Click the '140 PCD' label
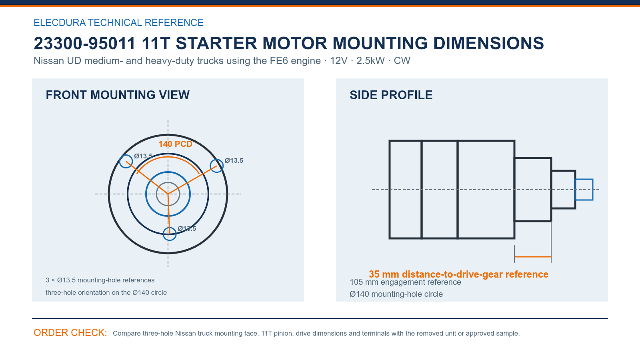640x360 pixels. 175,144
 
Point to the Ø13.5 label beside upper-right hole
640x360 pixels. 234,160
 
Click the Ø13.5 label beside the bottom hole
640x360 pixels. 187,228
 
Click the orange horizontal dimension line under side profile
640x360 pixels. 532,257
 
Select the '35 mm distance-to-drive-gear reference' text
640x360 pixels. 458,274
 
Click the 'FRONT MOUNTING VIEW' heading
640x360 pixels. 118,95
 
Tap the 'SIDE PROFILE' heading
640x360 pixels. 391,95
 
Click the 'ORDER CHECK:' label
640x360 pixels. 70,333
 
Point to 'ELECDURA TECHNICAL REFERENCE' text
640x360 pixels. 118,22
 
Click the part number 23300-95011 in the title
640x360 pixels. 84,44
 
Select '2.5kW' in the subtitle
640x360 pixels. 370,61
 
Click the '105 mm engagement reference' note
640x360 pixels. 405,282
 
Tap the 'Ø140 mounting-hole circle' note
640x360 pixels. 396,294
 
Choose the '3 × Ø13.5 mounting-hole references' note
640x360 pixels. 100,280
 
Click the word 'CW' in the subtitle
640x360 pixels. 402,61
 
